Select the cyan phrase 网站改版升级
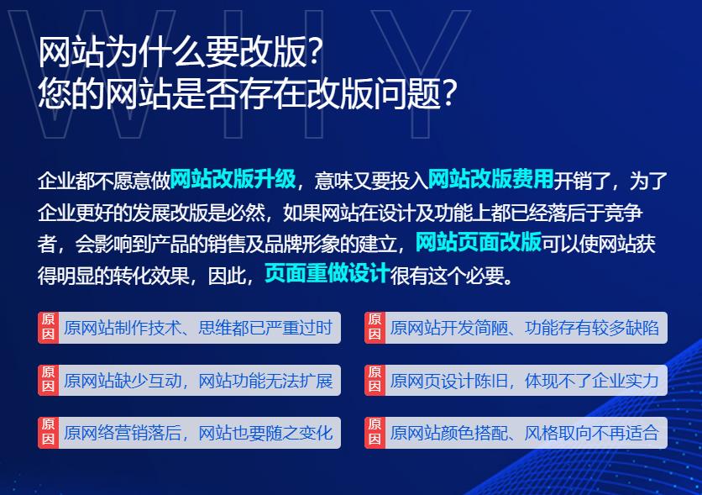[233, 179]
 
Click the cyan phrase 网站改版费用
[490, 179]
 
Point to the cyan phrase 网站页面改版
[478, 243]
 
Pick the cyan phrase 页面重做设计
[327, 275]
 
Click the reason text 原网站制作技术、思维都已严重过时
[198, 328]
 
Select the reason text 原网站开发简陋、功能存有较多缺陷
[525, 328]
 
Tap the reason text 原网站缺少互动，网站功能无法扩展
[198, 381]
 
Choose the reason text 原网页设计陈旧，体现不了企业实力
[525, 381]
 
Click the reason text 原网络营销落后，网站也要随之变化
[198, 434]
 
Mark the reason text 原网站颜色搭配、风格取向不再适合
[525, 434]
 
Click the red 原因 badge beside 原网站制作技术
[48, 328]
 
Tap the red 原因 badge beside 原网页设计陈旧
[375, 381]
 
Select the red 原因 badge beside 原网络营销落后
[48, 434]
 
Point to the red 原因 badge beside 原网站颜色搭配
[375, 434]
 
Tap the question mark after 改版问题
[450, 95]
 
